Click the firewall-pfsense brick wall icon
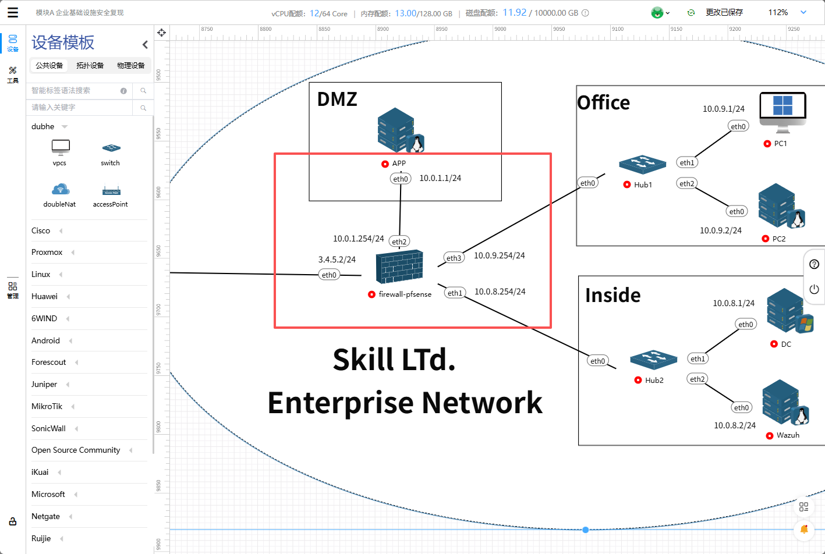click(399, 267)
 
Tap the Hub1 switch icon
click(642, 165)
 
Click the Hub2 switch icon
click(653, 360)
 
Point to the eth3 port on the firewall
click(454, 258)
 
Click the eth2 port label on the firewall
click(399, 242)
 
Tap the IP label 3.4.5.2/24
click(337, 260)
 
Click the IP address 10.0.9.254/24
click(500, 255)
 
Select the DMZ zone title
click(337, 100)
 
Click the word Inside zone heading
click(612, 296)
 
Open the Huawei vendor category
click(45, 296)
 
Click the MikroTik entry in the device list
click(47, 406)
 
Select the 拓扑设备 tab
click(90, 66)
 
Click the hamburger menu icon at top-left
click(13, 12)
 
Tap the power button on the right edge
click(814, 289)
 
